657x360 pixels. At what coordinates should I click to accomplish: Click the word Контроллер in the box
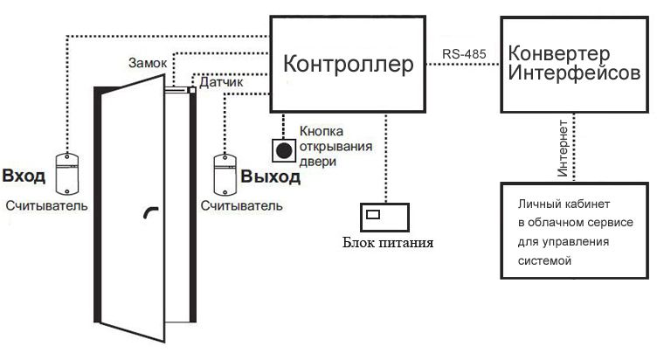[x=349, y=64]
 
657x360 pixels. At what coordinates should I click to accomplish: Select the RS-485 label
[x=464, y=53]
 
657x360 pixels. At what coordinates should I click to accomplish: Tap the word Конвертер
[x=559, y=53]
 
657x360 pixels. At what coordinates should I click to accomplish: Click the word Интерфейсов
[x=575, y=73]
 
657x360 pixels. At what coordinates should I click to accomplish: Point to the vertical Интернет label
[x=563, y=149]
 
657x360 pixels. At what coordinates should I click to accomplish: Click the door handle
[x=151, y=212]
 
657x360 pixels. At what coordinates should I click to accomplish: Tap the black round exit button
[x=284, y=150]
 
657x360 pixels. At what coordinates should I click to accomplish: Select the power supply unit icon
[x=384, y=217]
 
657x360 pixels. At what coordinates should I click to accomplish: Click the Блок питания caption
[x=388, y=243]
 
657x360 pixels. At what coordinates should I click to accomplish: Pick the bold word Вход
[x=24, y=176]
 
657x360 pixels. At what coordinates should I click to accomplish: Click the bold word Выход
[x=271, y=177]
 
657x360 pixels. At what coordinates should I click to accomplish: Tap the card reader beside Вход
[x=67, y=174]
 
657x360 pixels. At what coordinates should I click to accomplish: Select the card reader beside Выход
[x=225, y=175]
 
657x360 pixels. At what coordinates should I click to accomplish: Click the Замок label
[x=148, y=63]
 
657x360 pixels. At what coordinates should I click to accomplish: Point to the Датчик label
[x=221, y=82]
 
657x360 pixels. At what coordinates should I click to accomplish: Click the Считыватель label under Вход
[x=47, y=205]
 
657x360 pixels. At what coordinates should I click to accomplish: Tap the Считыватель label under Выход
[x=242, y=205]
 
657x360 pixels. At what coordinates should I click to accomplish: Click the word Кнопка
[x=322, y=131]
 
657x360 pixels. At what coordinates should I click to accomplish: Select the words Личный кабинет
[x=564, y=204]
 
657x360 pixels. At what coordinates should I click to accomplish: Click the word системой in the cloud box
[x=544, y=261]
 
